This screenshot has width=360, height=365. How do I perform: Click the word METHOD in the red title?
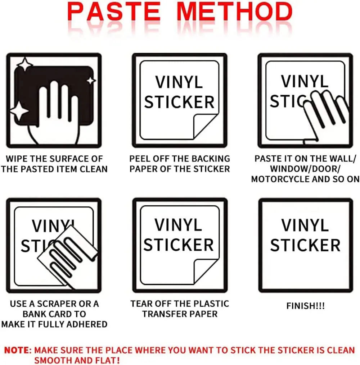[234, 12]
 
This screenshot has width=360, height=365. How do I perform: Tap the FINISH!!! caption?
[306, 306]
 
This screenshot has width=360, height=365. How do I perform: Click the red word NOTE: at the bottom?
[18, 350]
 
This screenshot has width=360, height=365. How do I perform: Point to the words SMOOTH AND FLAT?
[77, 360]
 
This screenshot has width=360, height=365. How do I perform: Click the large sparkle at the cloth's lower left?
[19, 111]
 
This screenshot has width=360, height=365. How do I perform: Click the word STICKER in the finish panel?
[305, 245]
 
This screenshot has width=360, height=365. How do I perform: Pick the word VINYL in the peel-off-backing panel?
[179, 82]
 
